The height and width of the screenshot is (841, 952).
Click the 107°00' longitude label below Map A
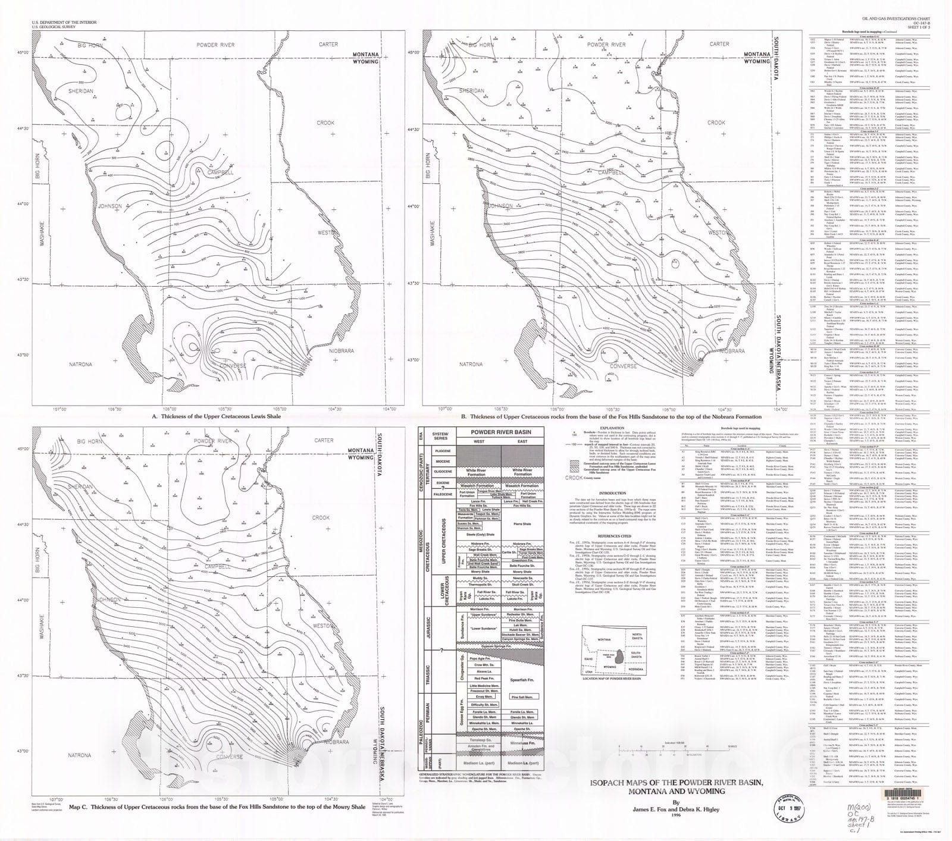[60, 409]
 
